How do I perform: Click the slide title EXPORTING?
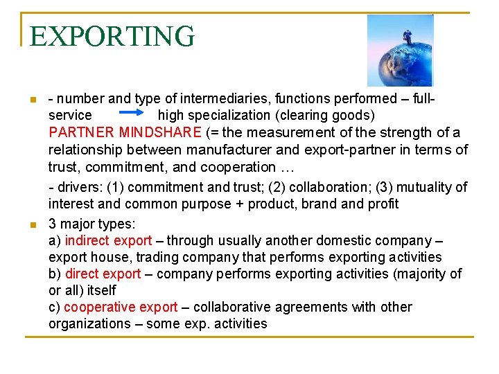[x=112, y=36]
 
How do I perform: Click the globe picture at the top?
[x=400, y=50]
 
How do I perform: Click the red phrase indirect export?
[x=108, y=241]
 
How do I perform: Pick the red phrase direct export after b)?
[x=103, y=274]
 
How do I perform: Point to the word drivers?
[x=73, y=187]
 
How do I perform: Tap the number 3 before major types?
[x=53, y=224]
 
